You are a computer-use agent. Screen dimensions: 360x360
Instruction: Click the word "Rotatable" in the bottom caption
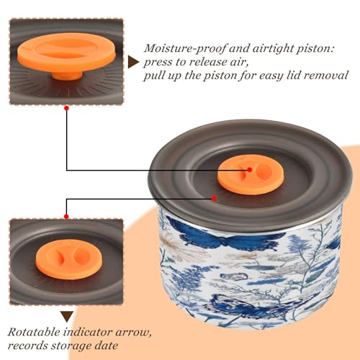(x=34, y=332)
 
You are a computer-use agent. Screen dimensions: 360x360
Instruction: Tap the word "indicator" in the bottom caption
(x=88, y=332)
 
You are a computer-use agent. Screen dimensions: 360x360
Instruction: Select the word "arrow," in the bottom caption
(x=133, y=333)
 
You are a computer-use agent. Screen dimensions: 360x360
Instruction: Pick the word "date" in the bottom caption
(x=106, y=346)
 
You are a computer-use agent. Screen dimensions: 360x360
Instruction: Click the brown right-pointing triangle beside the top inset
(x=133, y=62)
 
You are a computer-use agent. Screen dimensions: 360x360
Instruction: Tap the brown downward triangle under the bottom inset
(x=67, y=316)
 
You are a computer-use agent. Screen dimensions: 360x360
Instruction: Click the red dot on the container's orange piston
(x=250, y=170)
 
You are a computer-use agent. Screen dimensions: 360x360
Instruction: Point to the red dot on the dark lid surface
(x=214, y=199)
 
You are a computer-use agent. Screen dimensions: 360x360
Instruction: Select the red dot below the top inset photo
(x=67, y=108)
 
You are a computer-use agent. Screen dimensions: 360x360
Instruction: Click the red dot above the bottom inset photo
(x=66, y=217)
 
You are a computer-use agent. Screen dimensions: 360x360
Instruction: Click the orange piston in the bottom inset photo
(x=69, y=259)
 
